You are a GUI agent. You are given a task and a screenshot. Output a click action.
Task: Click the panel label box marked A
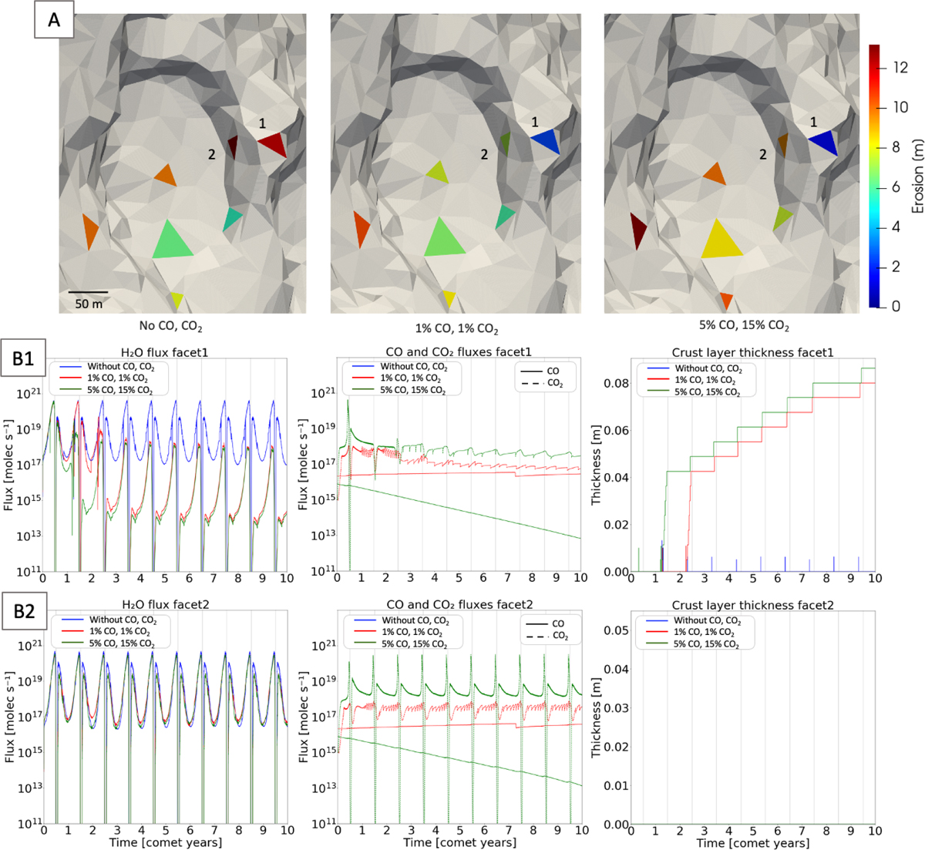(54, 20)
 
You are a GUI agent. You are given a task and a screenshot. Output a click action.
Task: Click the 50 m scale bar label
(88, 304)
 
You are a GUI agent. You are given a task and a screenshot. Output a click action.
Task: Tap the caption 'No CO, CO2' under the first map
(171, 327)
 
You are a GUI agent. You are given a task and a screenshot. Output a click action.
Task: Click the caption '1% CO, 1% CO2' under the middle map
(458, 329)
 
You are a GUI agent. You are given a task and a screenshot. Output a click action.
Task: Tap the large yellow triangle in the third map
(720, 240)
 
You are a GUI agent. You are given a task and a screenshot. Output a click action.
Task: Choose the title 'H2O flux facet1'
(164, 352)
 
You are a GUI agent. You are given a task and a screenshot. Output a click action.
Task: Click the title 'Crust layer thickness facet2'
(752, 606)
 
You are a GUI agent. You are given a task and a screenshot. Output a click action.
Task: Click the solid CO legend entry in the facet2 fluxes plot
(540, 623)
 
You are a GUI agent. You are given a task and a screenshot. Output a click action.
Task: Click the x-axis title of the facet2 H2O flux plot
(164, 842)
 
